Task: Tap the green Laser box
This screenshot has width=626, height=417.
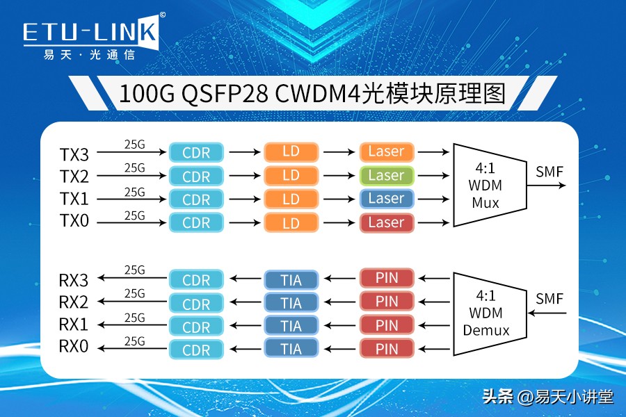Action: (x=386, y=175)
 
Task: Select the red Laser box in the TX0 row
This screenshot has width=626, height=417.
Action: (x=386, y=222)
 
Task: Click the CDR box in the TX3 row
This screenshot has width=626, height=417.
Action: (x=196, y=152)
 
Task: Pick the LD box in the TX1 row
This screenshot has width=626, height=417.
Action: (x=291, y=199)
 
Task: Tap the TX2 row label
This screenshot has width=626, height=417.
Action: (x=74, y=175)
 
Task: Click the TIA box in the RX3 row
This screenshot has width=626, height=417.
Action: (x=291, y=279)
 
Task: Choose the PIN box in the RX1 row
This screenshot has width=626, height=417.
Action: (x=386, y=325)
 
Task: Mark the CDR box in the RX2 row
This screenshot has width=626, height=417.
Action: (x=196, y=303)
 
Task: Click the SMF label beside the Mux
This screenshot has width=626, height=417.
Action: (x=549, y=171)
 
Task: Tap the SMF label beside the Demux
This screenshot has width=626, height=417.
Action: (x=549, y=300)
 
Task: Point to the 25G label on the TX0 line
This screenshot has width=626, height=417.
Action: (x=134, y=215)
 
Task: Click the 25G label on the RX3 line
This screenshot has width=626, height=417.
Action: (x=134, y=270)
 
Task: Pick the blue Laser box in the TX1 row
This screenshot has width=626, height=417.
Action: (x=386, y=199)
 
